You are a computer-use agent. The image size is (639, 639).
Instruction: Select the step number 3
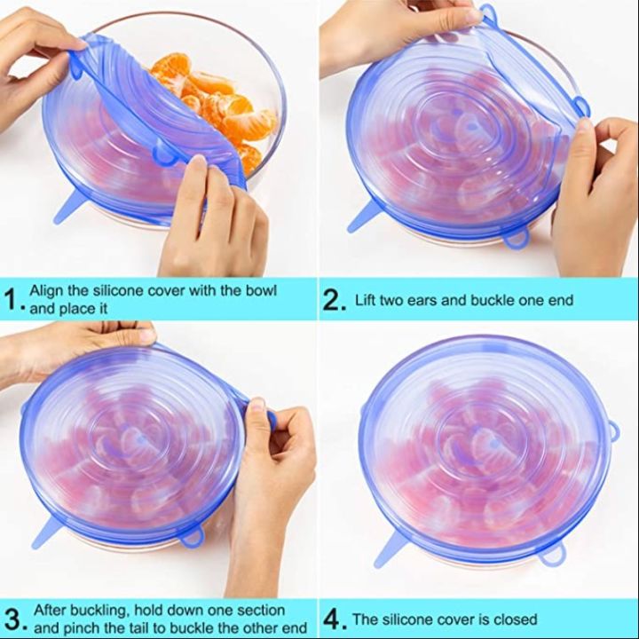pyautogui.click(x=12, y=619)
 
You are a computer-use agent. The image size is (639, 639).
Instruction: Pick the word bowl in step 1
pyautogui.click(x=259, y=291)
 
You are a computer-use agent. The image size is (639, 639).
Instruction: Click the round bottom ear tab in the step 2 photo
pyautogui.click(x=517, y=239)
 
